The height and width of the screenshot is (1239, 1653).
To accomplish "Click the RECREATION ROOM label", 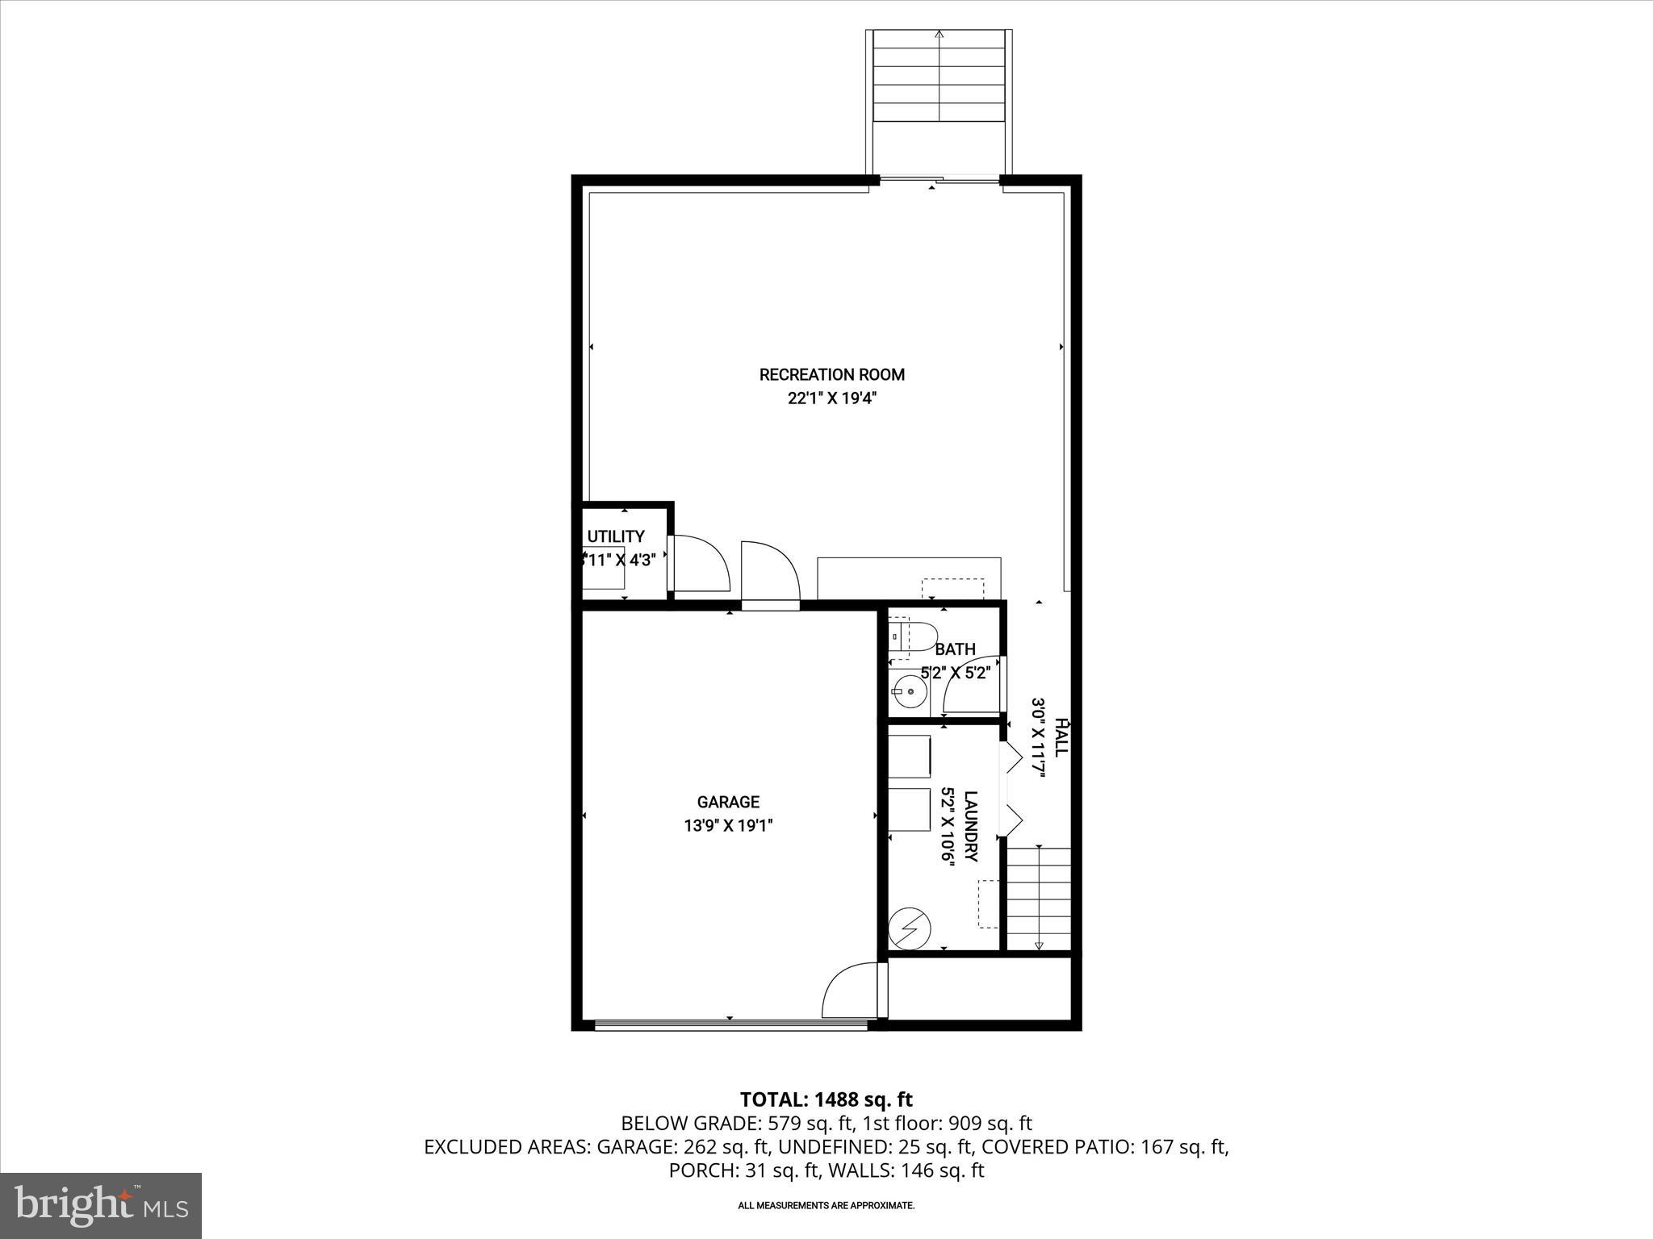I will click(831, 374).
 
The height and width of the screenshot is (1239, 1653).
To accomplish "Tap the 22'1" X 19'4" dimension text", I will click(831, 398).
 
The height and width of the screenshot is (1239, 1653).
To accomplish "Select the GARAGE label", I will click(728, 802).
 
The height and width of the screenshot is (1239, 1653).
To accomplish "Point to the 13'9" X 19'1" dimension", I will click(728, 826).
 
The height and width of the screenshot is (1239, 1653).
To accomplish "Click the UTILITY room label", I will click(616, 536).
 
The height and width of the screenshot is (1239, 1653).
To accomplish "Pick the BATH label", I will click(956, 649).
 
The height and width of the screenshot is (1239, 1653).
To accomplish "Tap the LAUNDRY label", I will click(971, 826).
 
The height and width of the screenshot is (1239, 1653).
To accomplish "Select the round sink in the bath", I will click(909, 691).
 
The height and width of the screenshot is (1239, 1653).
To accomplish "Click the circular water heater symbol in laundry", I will click(909, 931).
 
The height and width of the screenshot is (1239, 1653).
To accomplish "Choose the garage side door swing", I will click(849, 992).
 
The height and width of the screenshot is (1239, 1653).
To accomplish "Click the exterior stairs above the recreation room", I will click(939, 77).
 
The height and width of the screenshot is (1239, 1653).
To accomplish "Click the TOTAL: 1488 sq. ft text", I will click(826, 1099).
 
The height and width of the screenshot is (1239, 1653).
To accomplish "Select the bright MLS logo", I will click(101, 1205).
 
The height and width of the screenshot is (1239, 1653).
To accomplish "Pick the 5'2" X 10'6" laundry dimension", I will click(948, 826).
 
